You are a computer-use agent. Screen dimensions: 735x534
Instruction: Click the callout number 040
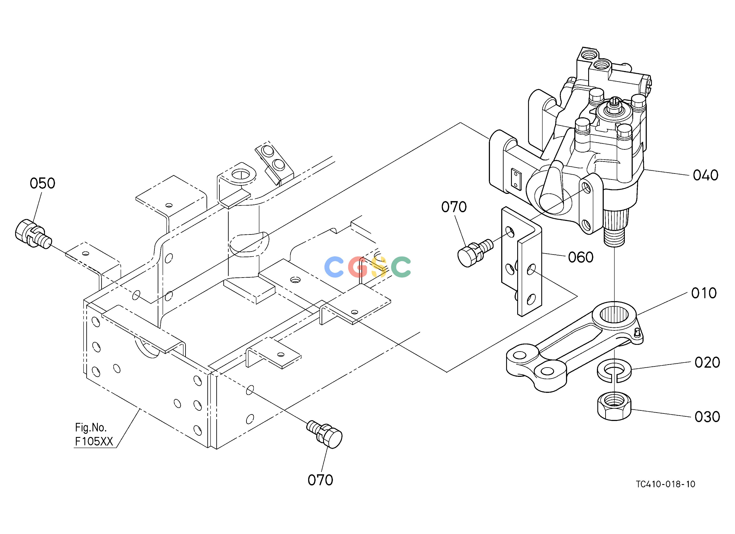pos(706,176)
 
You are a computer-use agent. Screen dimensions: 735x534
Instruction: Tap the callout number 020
pos(707,363)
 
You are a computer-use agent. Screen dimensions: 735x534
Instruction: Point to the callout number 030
pos(707,417)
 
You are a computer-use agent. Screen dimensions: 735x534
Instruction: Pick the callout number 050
pos(42,184)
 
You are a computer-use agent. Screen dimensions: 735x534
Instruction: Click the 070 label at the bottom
pos(320,480)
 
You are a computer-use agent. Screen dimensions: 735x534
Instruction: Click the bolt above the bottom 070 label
pos(324,434)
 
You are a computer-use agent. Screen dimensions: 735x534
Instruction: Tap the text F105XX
pos(94,442)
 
